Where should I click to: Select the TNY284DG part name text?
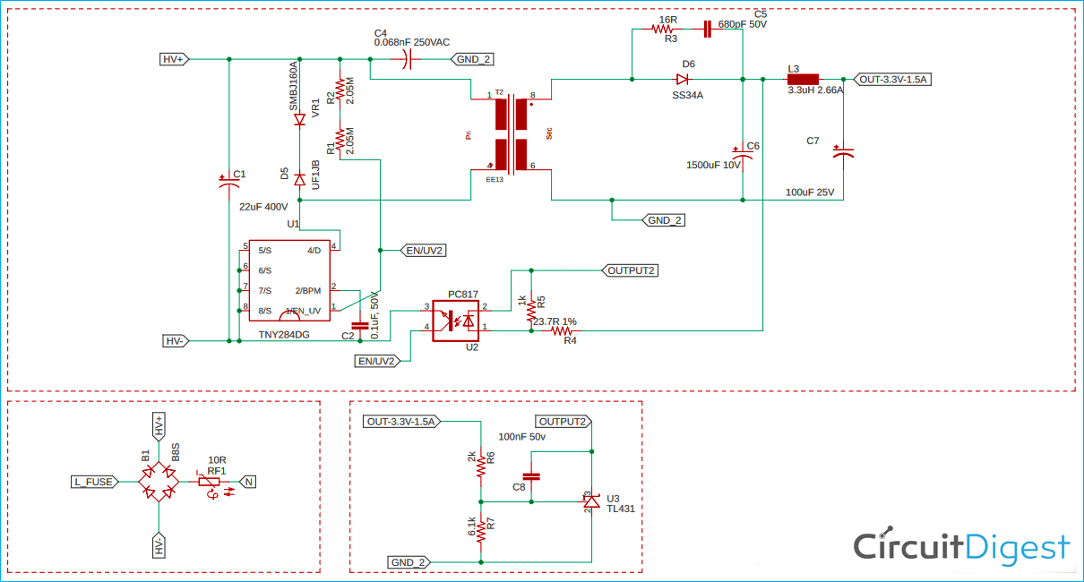click(284, 335)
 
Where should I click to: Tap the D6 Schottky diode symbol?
click(683, 79)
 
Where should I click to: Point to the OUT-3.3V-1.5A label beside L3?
click(893, 79)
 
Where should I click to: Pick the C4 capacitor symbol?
click(409, 59)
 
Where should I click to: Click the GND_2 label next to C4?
click(473, 59)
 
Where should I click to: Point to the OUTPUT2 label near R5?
click(632, 270)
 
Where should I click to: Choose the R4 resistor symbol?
click(564, 330)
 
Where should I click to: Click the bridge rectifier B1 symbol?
click(159, 482)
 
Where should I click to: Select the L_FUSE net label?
click(94, 482)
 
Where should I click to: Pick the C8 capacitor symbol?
click(531, 475)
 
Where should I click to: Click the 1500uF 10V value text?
click(713, 165)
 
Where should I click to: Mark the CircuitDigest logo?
click(960, 546)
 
